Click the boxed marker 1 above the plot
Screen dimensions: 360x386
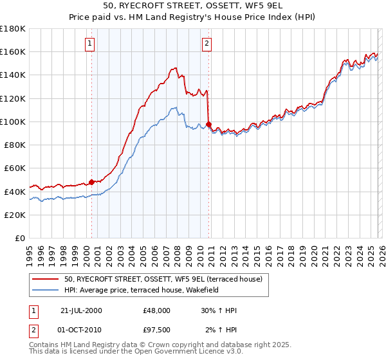[x=89, y=44]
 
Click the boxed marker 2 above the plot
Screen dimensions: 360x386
[x=207, y=44]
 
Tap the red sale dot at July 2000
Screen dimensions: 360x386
[x=92, y=182]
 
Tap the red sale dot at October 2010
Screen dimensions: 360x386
[x=208, y=124]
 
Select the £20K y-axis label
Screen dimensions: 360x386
[x=15, y=215]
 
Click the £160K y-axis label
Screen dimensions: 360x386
[x=13, y=52]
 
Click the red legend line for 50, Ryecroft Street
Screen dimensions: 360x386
[x=46, y=280]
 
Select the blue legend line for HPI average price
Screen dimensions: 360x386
[x=46, y=290]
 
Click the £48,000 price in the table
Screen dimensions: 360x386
[x=156, y=310]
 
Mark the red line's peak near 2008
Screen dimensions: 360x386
[x=175, y=67]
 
